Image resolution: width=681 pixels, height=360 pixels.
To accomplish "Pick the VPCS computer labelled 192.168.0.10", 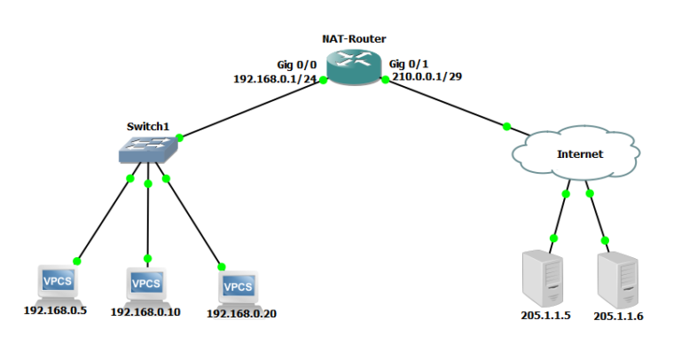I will (146, 285).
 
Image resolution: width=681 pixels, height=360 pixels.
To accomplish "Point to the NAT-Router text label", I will (354, 39).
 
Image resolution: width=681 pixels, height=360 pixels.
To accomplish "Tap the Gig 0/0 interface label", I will (297, 65).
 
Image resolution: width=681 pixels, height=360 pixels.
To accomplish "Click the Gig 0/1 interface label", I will (409, 65).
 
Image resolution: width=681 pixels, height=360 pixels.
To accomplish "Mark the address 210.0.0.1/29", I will (427, 77).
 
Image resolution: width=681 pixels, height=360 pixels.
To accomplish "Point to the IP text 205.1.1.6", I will (618, 316).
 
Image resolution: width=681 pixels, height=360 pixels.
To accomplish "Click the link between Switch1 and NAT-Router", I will (252, 108).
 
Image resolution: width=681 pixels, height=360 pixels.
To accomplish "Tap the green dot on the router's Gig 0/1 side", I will (386, 80).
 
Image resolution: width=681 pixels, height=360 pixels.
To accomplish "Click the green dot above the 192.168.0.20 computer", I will (222, 265).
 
